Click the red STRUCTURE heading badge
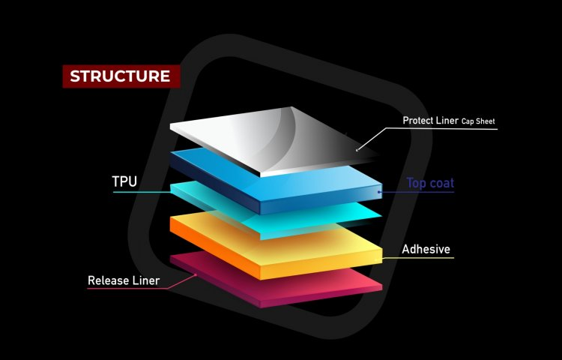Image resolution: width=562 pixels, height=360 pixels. tap(121, 76)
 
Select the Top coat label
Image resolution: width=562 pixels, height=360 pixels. tap(430, 182)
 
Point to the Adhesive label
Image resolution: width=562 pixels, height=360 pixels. tap(426, 249)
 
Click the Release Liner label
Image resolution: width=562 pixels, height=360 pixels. tap(124, 281)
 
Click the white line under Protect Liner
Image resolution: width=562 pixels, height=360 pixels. tap(442, 129)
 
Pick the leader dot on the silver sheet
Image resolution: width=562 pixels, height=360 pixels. tap(357, 150)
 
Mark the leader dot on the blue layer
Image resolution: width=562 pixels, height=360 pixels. tap(380, 193)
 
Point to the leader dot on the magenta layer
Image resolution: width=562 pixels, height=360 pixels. tap(196, 274)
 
